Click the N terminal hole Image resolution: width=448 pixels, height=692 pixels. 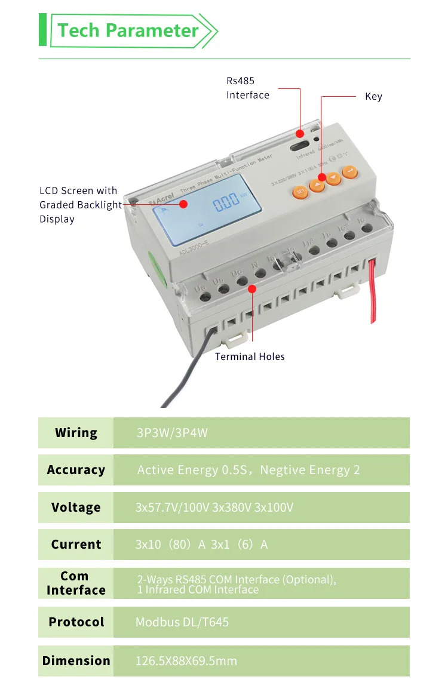click(x=260, y=274)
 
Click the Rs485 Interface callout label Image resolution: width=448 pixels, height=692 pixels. click(x=247, y=88)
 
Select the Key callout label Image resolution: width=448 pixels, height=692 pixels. click(x=373, y=97)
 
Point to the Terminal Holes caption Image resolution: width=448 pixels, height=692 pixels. click(x=250, y=356)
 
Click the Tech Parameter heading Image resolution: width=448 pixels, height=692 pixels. click(x=128, y=30)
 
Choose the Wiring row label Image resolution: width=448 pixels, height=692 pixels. click(x=76, y=433)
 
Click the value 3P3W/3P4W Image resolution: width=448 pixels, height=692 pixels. click(x=172, y=433)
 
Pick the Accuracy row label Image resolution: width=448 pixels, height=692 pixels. click(x=76, y=470)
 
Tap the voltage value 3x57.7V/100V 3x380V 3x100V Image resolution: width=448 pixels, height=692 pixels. click(x=214, y=508)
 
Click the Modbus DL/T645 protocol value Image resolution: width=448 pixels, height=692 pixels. click(x=182, y=622)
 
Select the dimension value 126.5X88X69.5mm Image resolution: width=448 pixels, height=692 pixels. click(x=186, y=660)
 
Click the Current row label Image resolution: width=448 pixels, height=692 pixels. click(x=76, y=545)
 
